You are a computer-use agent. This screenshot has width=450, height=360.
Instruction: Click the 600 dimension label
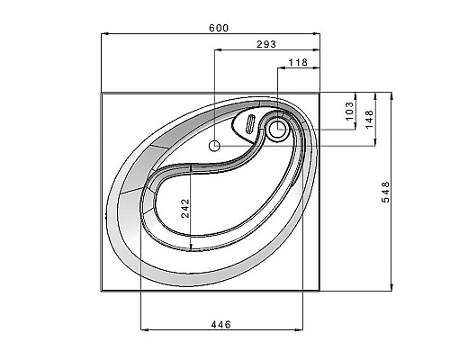219,28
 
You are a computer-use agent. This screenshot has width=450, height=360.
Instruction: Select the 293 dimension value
266,44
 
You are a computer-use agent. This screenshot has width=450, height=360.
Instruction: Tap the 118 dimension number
298,62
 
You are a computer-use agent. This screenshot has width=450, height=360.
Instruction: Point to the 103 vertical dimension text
349,111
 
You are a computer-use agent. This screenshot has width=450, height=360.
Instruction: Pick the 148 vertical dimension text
369,119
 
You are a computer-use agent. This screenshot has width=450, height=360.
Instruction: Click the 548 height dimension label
385,192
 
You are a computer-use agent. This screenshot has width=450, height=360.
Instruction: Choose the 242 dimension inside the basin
185,208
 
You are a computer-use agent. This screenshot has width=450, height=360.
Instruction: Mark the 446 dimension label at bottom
221,325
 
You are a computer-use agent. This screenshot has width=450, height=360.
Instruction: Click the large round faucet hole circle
277,129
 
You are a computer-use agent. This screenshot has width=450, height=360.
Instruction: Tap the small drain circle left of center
214,146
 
